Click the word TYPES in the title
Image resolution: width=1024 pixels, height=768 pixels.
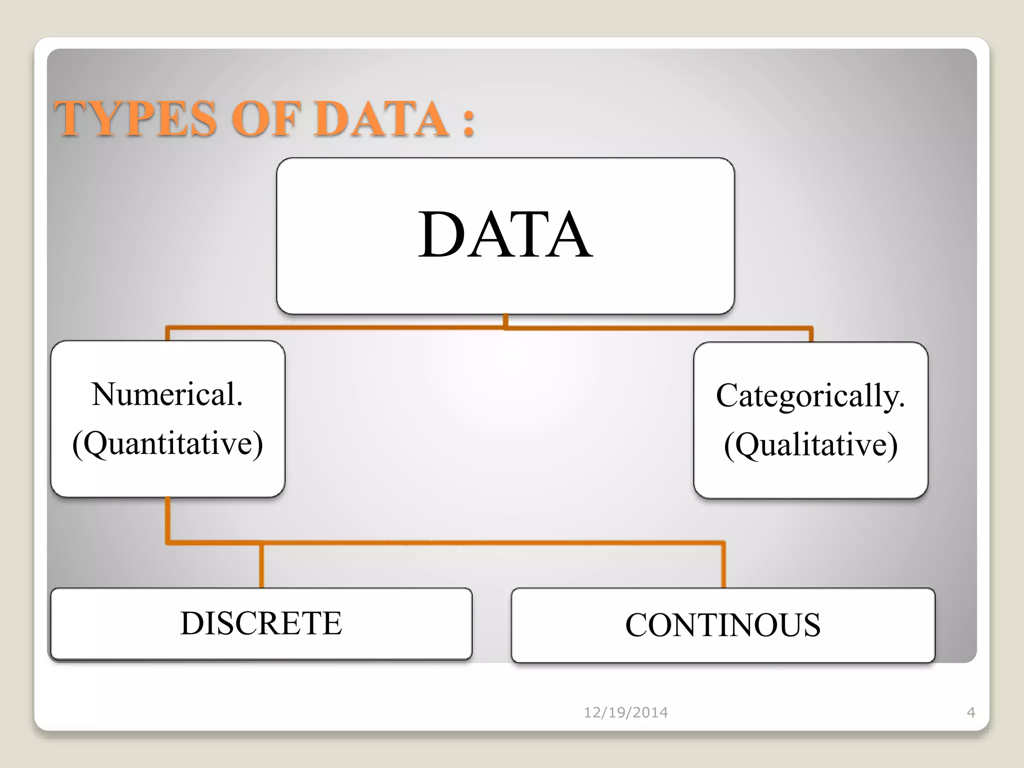click(x=135, y=118)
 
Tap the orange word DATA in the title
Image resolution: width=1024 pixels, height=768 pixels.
click(x=381, y=118)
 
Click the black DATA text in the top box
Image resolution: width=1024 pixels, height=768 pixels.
click(x=505, y=234)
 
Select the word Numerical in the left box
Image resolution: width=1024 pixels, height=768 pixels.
click(x=163, y=394)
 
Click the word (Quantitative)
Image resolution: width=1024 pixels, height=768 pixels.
click(x=167, y=443)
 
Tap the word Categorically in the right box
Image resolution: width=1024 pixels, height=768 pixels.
click(x=807, y=396)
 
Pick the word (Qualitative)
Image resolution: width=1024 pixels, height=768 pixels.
click(x=810, y=444)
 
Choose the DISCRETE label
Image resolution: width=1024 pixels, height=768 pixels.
click(x=261, y=623)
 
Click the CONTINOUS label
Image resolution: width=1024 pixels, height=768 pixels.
click(x=722, y=625)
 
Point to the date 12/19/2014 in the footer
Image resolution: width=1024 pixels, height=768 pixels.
click(x=625, y=712)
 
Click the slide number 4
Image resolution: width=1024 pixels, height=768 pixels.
click(x=971, y=712)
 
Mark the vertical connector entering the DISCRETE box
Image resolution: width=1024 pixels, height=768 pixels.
click(x=261, y=565)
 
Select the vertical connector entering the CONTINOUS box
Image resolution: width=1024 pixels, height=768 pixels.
click(x=723, y=565)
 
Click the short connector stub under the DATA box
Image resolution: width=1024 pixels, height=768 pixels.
click(x=505, y=320)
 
